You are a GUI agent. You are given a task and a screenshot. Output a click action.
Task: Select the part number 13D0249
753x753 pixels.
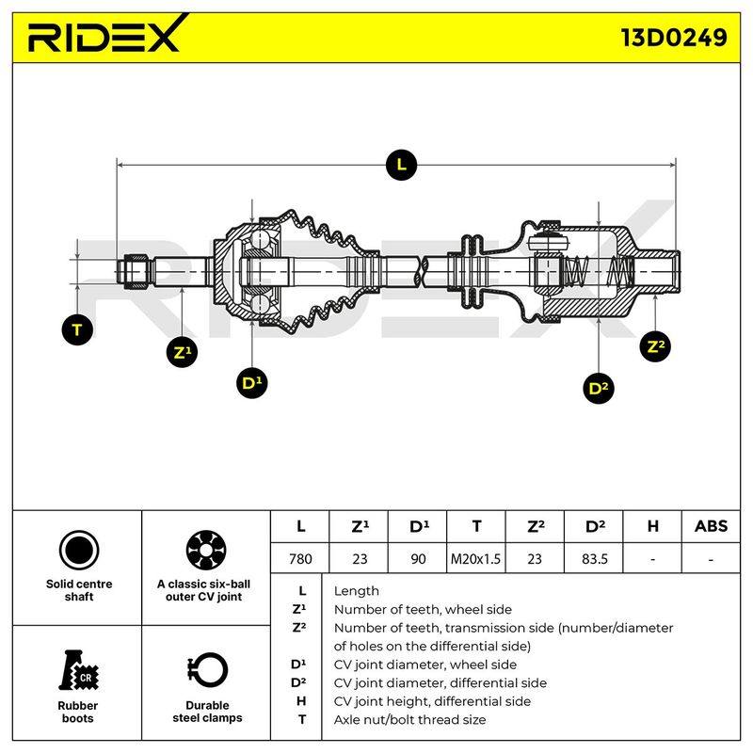click(x=674, y=38)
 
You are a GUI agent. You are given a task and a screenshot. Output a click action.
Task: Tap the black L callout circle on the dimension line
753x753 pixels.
click(x=401, y=166)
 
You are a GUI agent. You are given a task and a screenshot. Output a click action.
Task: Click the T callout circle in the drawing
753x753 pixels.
click(x=77, y=330)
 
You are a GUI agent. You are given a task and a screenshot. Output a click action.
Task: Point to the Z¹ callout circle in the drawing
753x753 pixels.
click(x=182, y=352)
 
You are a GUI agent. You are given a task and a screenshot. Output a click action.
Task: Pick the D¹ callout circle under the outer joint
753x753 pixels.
click(x=252, y=383)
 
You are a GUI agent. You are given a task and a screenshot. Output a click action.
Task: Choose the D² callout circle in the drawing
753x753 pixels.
click(x=599, y=388)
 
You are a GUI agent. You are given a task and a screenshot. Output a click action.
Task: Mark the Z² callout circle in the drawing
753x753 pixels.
click(x=655, y=346)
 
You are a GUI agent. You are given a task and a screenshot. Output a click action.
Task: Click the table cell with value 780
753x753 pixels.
click(x=300, y=558)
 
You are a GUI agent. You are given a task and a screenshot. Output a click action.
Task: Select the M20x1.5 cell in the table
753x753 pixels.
click(x=475, y=558)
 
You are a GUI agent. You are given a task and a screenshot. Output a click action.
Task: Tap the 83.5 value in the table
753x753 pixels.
click(x=594, y=558)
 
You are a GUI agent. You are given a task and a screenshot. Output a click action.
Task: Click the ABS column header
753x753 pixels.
click(x=711, y=526)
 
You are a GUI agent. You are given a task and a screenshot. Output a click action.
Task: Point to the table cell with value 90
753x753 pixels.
click(x=418, y=558)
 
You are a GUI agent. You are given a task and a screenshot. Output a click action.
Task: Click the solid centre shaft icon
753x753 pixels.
click(x=79, y=551)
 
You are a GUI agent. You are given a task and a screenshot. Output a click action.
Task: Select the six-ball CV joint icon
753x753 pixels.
click(x=206, y=551)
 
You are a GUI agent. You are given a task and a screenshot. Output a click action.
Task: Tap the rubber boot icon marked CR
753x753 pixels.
click(x=79, y=670)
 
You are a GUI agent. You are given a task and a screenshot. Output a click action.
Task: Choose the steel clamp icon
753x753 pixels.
click(x=207, y=670)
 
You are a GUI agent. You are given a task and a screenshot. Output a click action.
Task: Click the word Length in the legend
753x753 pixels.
click(x=357, y=591)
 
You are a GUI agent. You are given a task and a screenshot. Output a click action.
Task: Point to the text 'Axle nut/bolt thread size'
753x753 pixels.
click(x=409, y=719)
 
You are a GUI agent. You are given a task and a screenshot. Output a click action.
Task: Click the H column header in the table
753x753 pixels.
click(x=652, y=526)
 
